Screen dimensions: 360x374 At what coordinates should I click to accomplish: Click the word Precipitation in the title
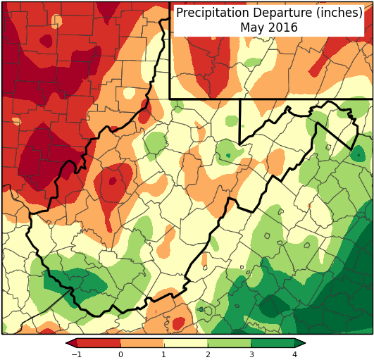coord(211,13)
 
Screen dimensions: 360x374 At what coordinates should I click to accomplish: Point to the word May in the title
coord(251,27)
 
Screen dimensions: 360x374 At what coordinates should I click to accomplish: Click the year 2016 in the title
coord(283,27)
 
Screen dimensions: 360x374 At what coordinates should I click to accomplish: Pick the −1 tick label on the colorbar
coord(76,354)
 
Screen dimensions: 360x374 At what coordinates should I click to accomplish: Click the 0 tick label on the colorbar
coord(120,354)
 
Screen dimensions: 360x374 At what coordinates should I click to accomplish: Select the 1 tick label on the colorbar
coord(164,354)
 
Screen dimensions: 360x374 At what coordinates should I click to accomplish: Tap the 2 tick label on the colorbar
coord(208,354)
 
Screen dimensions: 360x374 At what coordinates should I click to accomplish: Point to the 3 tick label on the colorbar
coord(251,354)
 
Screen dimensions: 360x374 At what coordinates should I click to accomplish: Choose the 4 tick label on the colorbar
coord(294,354)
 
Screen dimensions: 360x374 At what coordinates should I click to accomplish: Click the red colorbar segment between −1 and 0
coord(99,343)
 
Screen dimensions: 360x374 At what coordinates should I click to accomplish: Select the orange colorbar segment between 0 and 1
coord(142,343)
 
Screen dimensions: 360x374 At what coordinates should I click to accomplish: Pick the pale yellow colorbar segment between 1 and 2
coord(186,343)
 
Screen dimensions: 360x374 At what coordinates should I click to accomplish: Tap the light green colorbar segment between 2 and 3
coord(230,343)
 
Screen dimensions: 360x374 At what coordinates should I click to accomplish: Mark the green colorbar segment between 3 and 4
coord(273,343)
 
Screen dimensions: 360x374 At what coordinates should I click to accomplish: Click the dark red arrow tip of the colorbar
coord(70,343)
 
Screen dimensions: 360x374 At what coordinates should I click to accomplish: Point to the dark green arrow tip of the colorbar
coord(301,343)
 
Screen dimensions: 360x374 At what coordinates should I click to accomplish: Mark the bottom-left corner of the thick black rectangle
coord(170,98)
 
